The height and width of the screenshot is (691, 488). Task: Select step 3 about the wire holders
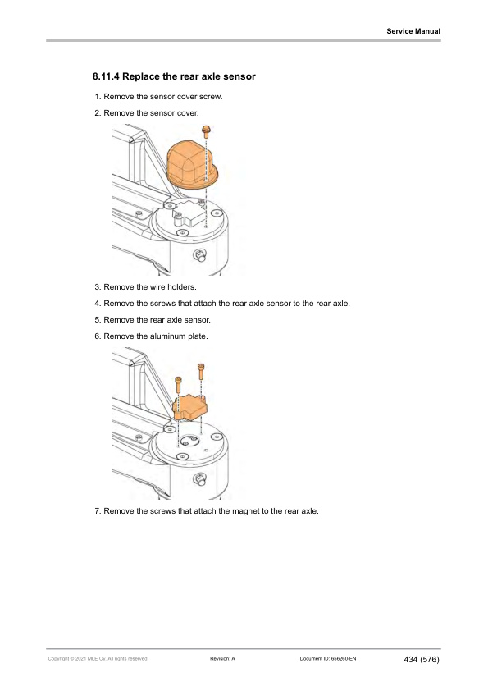[151, 288]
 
